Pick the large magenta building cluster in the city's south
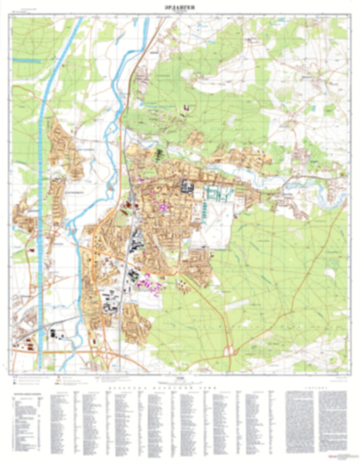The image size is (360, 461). (150, 284)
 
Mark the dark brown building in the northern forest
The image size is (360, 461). (187, 108)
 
